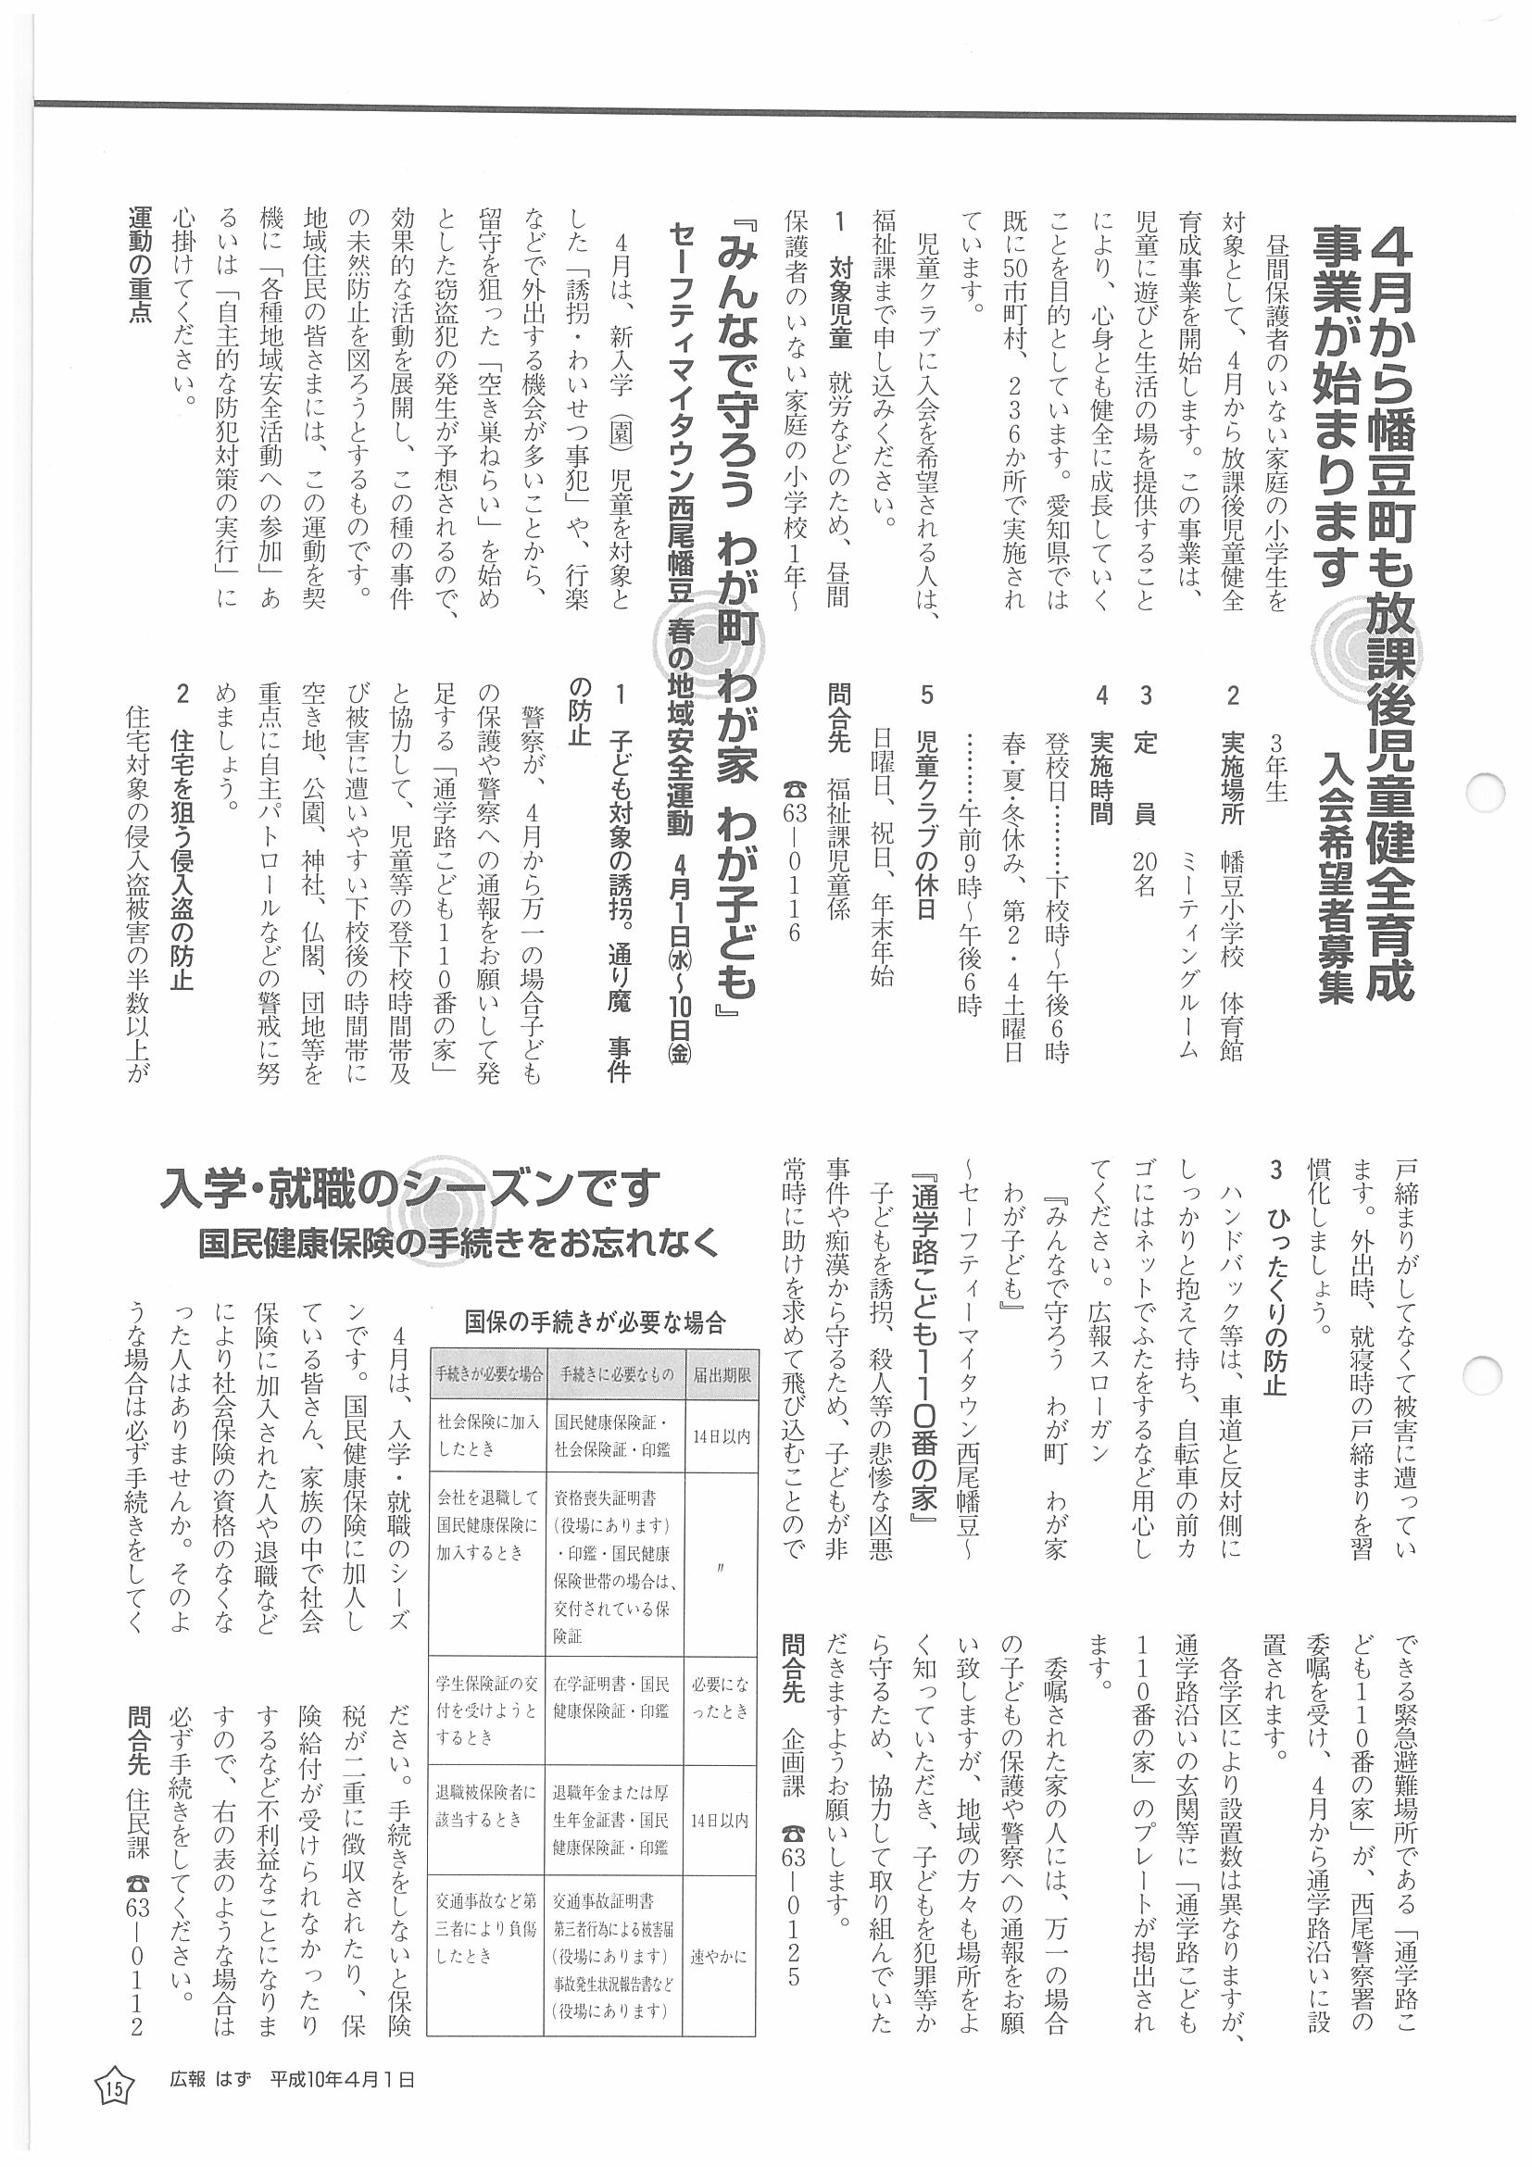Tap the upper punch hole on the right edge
click(1489, 790)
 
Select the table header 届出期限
click(722, 1374)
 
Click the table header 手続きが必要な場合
click(487, 1374)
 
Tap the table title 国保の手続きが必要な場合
click(594, 1322)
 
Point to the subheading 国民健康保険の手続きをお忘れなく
click(458, 1243)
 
